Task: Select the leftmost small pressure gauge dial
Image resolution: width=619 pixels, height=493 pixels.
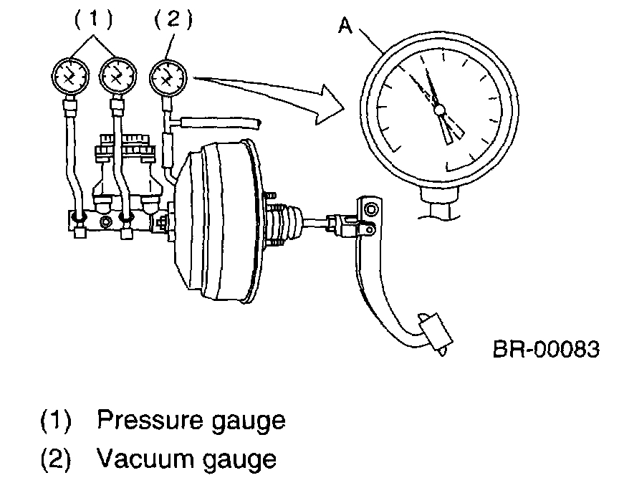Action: [x=70, y=76]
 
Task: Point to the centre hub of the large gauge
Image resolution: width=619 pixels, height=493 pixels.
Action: [x=440, y=109]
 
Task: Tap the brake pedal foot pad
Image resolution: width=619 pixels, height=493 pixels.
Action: [x=433, y=332]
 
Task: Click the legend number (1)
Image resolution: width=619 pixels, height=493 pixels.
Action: [x=56, y=420]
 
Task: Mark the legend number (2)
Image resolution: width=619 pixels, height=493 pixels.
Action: [x=56, y=458]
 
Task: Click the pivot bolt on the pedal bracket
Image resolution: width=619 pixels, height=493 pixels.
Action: [x=370, y=209]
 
